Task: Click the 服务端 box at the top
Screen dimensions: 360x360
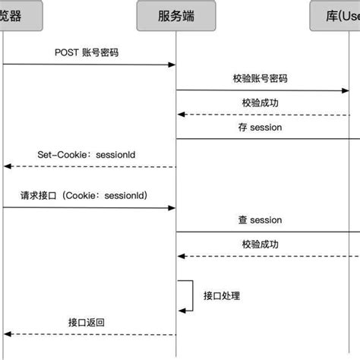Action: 176,15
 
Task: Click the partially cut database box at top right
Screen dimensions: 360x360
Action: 336,15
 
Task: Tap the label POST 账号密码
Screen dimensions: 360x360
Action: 87,53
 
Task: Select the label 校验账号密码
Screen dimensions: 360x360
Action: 261,78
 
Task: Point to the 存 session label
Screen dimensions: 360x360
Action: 260,128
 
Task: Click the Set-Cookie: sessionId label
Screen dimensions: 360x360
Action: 86,153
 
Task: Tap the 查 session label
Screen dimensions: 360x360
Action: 260,220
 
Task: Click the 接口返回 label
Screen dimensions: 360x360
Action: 86,322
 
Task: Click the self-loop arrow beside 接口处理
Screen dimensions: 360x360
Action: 188,295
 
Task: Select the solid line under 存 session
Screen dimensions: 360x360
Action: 266,139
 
